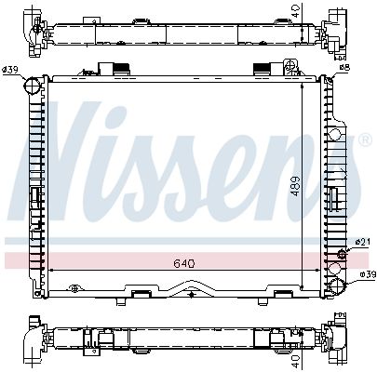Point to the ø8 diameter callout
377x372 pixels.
click(345, 68)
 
